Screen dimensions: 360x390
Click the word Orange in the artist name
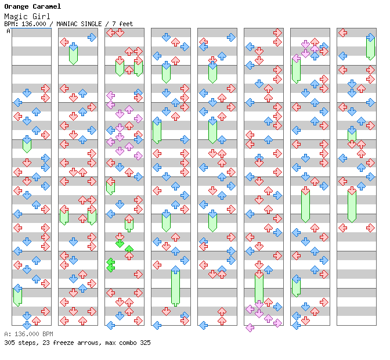click(16, 6)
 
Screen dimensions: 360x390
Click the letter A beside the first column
click(8, 31)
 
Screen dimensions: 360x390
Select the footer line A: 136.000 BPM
click(28, 334)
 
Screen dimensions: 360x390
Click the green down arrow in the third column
click(120, 243)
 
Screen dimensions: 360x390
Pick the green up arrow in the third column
click(129, 250)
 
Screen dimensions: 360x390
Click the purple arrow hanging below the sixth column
click(250, 328)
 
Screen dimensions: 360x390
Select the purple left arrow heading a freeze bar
click(296, 58)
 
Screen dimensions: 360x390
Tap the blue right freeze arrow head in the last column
click(370, 38)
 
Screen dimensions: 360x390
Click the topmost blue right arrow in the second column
click(92, 37)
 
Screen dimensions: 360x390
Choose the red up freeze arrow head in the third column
click(129, 219)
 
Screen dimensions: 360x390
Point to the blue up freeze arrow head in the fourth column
click(175, 270)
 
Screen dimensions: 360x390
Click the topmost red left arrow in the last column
click(342, 33)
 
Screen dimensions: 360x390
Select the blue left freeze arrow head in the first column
click(17, 288)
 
